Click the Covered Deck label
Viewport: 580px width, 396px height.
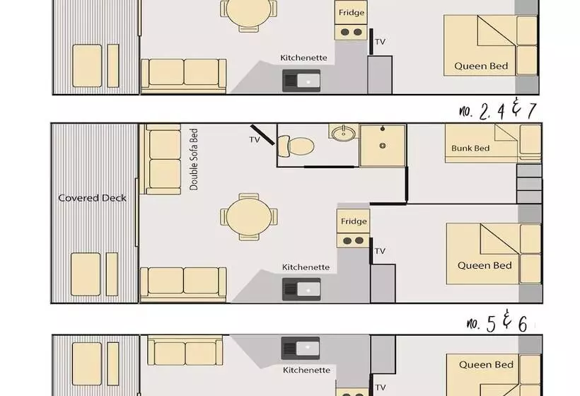click(92, 198)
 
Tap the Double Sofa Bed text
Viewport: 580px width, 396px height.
click(194, 159)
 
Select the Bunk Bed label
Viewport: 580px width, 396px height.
click(470, 148)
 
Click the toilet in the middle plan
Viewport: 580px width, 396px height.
click(296, 146)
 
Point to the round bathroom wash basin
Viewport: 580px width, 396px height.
click(343, 133)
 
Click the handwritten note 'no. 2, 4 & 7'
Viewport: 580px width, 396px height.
click(498, 109)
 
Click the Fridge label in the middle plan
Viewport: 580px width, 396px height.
click(354, 221)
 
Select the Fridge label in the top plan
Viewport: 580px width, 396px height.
click(352, 13)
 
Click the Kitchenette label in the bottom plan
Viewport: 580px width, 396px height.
click(307, 370)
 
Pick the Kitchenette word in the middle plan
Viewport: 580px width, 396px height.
click(306, 267)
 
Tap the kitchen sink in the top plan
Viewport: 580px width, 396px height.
click(301, 81)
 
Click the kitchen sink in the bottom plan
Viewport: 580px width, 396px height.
click(301, 348)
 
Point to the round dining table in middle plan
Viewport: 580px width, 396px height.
click(248, 217)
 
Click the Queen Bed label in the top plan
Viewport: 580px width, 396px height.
click(481, 66)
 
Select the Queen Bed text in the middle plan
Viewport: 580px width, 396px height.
click(485, 265)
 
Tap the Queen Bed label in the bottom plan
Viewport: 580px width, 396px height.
click(486, 365)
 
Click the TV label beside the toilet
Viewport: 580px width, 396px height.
click(255, 140)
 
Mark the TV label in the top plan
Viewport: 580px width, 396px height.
click(381, 42)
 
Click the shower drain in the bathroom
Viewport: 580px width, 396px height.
click(383, 146)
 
